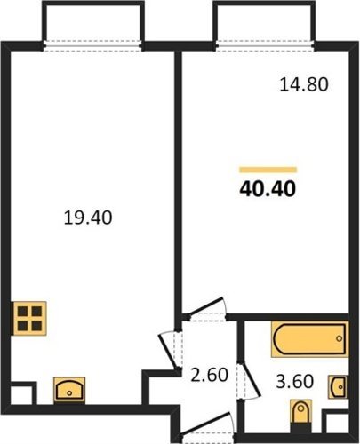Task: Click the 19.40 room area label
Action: (x=88, y=218)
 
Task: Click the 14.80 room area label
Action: (x=304, y=84)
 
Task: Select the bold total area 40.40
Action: (x=268, y=189)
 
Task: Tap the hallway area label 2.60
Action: (x=209, y=375)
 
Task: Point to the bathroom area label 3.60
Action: (x=295, y=381)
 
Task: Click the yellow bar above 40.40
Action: (x=268, y=170)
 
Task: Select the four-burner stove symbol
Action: (x=29, y=319)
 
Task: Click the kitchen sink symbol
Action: (x=69, y=390)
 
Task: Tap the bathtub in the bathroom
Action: (x=309, y=339)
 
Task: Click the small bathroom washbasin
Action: (x=339, y=386)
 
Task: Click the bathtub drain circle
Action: (x=340, y=338)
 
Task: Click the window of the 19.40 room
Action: (x=92, y=46)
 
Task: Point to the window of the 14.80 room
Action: (x=265, y=46)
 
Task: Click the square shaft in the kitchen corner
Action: (x=24, y=393)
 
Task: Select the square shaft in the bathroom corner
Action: (x=336, y=423)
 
